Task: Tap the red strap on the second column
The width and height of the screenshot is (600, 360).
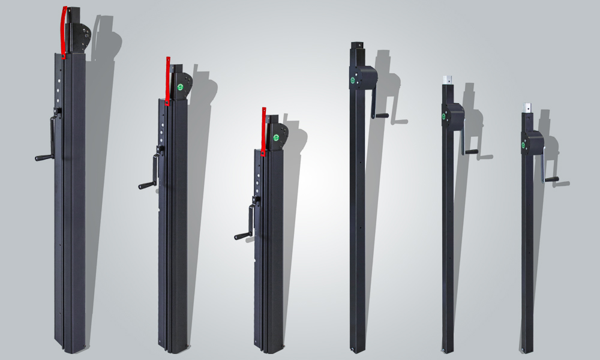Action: (168, 78)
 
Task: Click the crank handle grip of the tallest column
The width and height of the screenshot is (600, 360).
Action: (44, 158)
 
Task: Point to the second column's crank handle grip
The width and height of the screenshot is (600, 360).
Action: (146, 185)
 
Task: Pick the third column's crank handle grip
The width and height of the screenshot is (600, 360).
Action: (242, 236)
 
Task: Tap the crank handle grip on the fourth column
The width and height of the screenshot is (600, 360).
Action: (380, 116)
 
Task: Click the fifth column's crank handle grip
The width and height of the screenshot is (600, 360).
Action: (471, 152)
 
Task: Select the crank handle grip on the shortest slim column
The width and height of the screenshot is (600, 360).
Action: (551, 179)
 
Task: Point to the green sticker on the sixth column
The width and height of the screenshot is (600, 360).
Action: (524, 145)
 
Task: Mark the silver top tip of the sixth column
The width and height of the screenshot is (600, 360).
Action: (527, 107)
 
